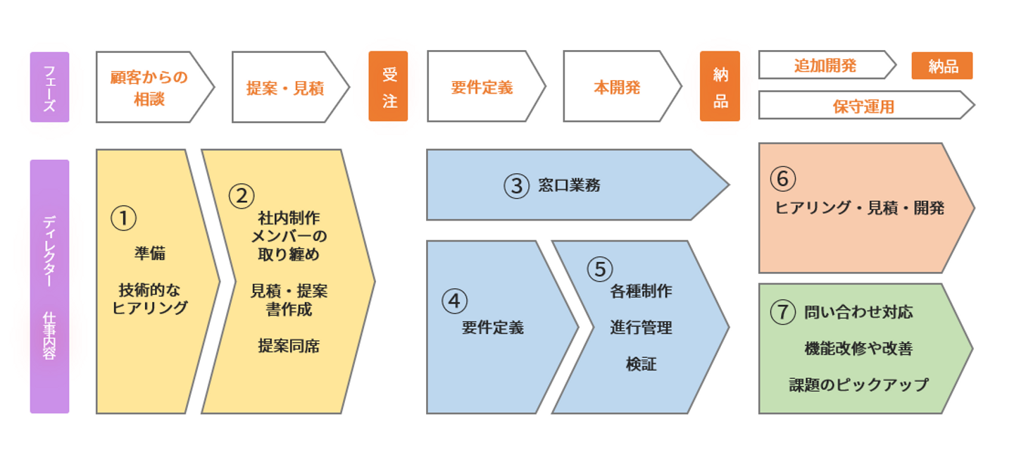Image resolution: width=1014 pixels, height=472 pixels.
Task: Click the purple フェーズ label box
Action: [49, 87]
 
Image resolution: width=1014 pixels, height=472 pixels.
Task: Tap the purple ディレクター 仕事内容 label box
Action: [49, 286]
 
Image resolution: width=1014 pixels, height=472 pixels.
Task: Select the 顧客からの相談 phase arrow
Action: [155, 87]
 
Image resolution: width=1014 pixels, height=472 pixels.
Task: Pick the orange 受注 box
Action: [388, 86]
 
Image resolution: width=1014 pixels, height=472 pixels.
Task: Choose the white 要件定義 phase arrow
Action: [486, 86]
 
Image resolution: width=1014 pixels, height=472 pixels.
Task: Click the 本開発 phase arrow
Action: [622, 86]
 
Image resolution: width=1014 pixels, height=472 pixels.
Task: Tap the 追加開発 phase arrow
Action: [827, 65]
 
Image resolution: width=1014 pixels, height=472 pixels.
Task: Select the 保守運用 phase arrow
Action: [866, 105]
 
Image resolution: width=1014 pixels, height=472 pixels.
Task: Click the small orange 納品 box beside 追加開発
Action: [942, 66]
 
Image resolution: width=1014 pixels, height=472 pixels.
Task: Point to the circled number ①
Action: [124, 218]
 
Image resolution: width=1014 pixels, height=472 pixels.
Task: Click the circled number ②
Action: [242, 196]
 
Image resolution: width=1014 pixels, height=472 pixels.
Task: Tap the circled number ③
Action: [517, 186]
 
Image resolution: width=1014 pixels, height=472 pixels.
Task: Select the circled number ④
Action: [454, 302]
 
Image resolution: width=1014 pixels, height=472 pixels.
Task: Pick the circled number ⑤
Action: [600, 269]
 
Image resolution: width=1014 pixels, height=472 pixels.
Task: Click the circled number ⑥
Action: [783, 178]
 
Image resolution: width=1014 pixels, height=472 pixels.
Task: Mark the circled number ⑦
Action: [783, 312]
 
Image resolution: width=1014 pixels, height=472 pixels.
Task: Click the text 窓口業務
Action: [569, 185]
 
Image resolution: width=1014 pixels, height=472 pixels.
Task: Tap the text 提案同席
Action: [289, 346]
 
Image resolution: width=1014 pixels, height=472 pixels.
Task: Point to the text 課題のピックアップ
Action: [859, 385]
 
